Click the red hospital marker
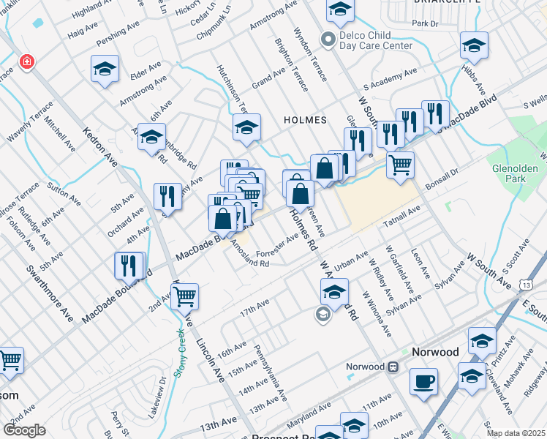click(x=27, y=61)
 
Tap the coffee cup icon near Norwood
click(x=424, y=382)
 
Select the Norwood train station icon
click(x=393, y=366)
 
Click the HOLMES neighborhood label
click(x=305, y=119)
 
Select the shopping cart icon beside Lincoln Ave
click(x=186, y=296)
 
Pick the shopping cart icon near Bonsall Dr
click(x=400, y=165)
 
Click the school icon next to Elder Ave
click(x=105, y=70)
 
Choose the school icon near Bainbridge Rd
click(x=151, y=137)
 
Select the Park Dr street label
click(x=424, y=23)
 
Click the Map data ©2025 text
click(x=516, y=433)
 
